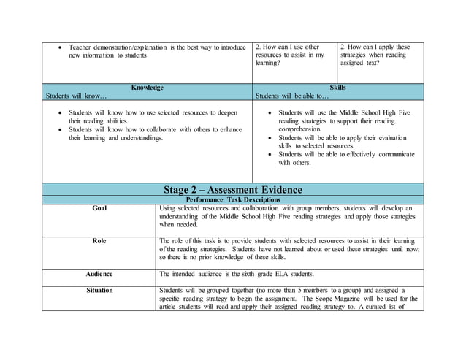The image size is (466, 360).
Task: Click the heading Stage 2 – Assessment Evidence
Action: [x=232, y=190]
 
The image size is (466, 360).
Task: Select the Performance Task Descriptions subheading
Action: [x=232, y=199]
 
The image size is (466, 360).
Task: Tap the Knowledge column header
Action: [x=147, y=88]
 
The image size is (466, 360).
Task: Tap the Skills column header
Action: [x=337, y=88]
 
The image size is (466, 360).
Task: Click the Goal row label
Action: [x=99, y=208]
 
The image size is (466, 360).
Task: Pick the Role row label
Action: [x=99, y=240]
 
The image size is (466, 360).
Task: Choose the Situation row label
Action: [x=99, y=290]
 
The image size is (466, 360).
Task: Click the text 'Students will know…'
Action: [x=76, y=96]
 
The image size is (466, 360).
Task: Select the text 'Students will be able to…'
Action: [x=292, y=96]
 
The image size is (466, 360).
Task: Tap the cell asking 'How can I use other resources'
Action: [x=294, y=55]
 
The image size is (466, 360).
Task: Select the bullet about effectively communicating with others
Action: [x=346, y=158]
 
